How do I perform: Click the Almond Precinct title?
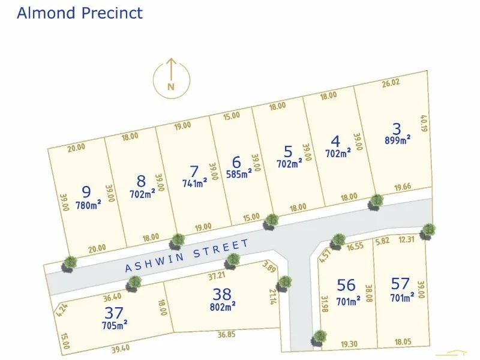pos(80,13)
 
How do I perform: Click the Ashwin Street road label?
pos(187,256)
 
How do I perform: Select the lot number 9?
pos(86,192)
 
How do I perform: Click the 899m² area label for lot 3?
pos(397,140)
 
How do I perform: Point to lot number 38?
pos(221,294)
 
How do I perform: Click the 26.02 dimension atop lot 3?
pos(391,83)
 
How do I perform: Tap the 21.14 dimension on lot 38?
pos(273,295)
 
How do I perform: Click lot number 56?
pos(346,285)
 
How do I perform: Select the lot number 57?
pos(400,283)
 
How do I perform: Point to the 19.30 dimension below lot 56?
pos(349,344)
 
